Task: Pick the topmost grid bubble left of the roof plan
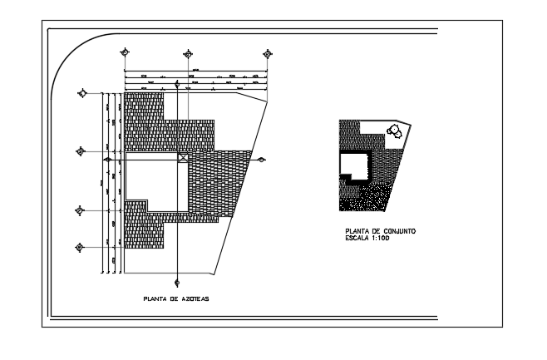pyautogui.click(x=81, y=93)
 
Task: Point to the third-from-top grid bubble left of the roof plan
pyautogui.click(x=81, y=210)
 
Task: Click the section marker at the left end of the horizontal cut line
pyautogui.click(x=107, y=158)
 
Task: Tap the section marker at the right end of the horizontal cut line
pyautogui.click(x=261, y=159)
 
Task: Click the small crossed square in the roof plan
pyautogui.click(x=184, y=156)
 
